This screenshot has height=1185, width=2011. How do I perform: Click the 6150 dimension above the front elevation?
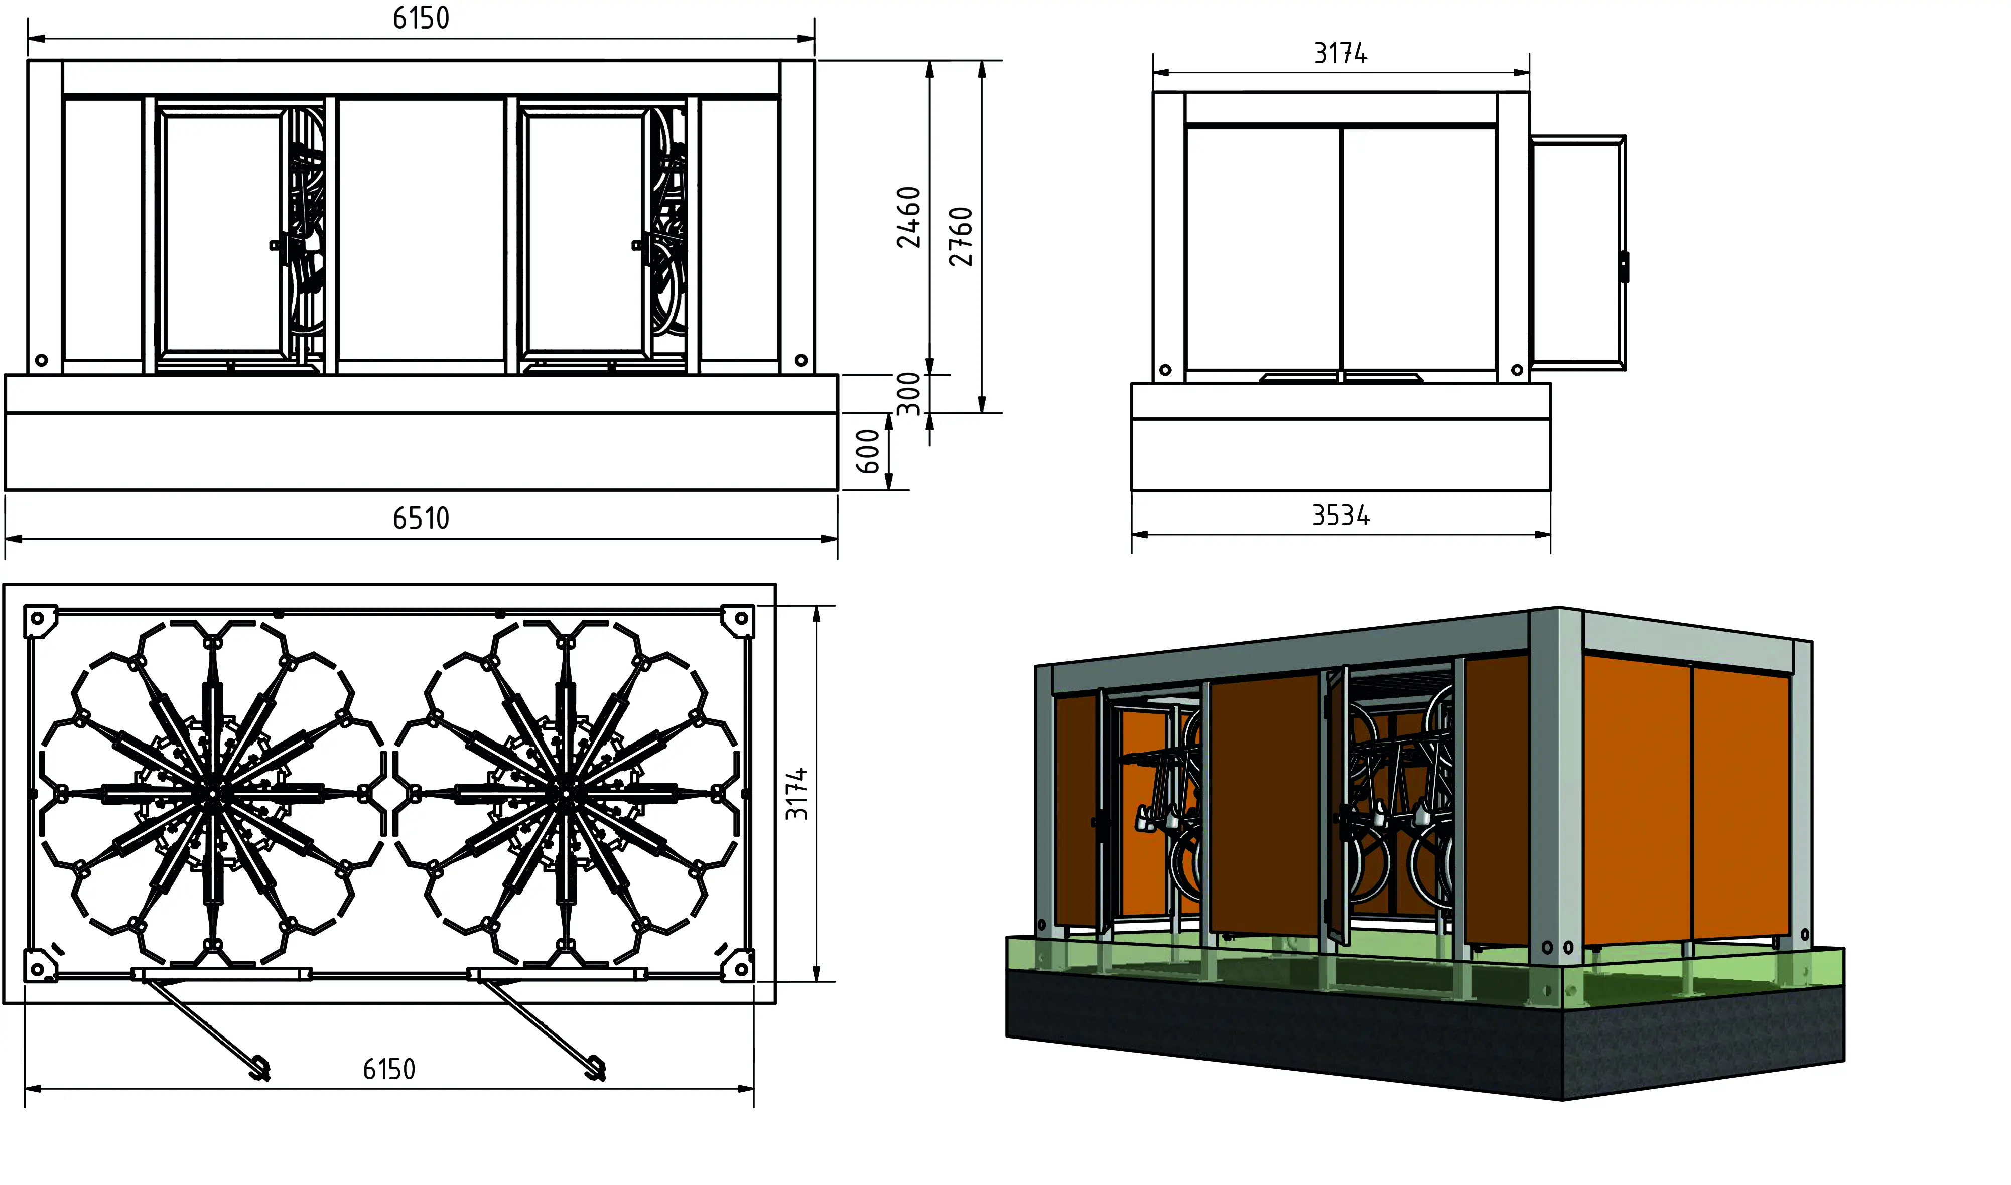pos(421,18)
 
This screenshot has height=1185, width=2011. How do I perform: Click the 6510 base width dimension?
pos(421,518)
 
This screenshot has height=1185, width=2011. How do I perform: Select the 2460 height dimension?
pos(909,217)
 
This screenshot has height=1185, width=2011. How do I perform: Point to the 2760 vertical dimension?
pos(961,236)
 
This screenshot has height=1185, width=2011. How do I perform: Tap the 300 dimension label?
pos(909,394)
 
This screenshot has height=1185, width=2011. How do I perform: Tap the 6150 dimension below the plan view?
pos(389,1069)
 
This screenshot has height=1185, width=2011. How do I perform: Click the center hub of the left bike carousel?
pos(212,794)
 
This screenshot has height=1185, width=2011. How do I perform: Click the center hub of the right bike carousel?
pos(566,794)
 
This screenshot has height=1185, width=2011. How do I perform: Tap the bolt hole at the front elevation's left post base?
pos(42,360)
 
